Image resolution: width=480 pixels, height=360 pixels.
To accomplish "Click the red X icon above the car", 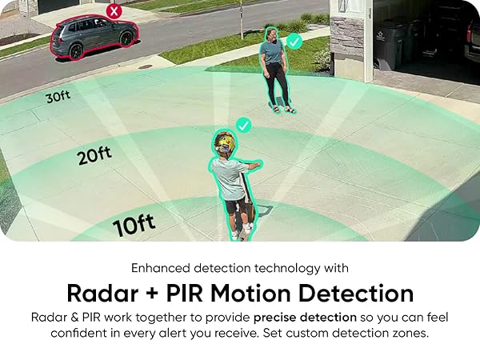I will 114,11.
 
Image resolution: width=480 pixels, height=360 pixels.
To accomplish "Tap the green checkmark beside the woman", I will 294,40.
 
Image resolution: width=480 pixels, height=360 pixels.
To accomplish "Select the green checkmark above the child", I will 243,126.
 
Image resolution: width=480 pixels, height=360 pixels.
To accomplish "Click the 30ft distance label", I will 58,97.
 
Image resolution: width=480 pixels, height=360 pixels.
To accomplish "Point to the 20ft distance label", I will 94,154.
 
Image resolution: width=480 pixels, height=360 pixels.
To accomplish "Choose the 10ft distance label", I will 134,225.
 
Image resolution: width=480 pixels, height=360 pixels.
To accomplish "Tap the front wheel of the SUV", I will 77,51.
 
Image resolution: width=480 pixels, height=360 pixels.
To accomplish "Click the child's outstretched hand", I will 258,164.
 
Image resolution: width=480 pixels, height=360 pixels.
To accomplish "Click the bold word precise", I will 283,317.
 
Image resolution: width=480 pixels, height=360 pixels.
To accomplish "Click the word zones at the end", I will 410,333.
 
